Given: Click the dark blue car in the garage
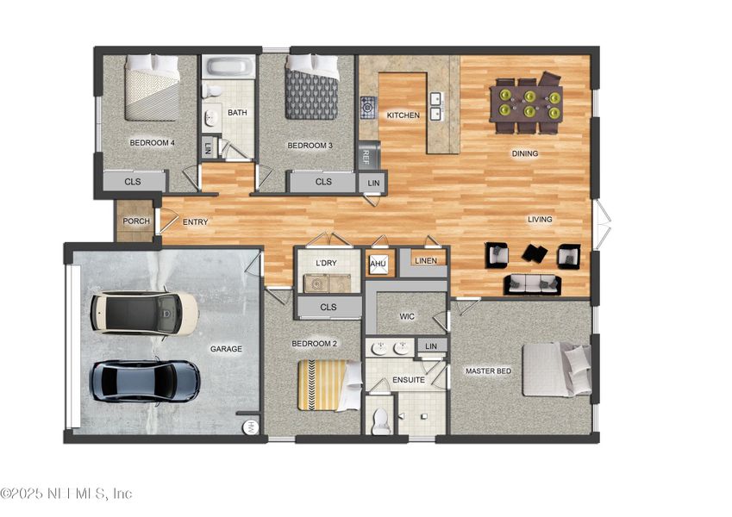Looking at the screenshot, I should click(x=146, y=380).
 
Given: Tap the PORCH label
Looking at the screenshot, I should click(x=136, y=221).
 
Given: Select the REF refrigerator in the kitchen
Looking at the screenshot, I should click(x=367, y=156).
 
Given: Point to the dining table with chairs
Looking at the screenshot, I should click(x=527, y=104).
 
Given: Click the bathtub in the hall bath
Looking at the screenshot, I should click(x=228, y=67).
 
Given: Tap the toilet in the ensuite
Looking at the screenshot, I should click(x=379, y=419).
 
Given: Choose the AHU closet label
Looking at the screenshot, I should click(x=378, y=263).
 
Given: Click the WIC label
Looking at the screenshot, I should click(x=407, y=316).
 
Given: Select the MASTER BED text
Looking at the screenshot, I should click(x=488, y=371).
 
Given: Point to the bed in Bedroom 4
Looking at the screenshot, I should click(x=152, y=88).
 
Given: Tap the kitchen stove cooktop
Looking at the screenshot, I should click(x=368, y=106).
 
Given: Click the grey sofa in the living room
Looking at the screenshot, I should click(x=532, y=283).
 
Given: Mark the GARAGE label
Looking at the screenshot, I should click(x=226, y=349).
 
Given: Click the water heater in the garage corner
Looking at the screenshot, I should click(x=250, y=426).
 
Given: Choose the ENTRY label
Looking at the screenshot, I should click(x=195, y=222).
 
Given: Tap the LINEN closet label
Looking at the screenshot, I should click(x=425, y=260).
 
